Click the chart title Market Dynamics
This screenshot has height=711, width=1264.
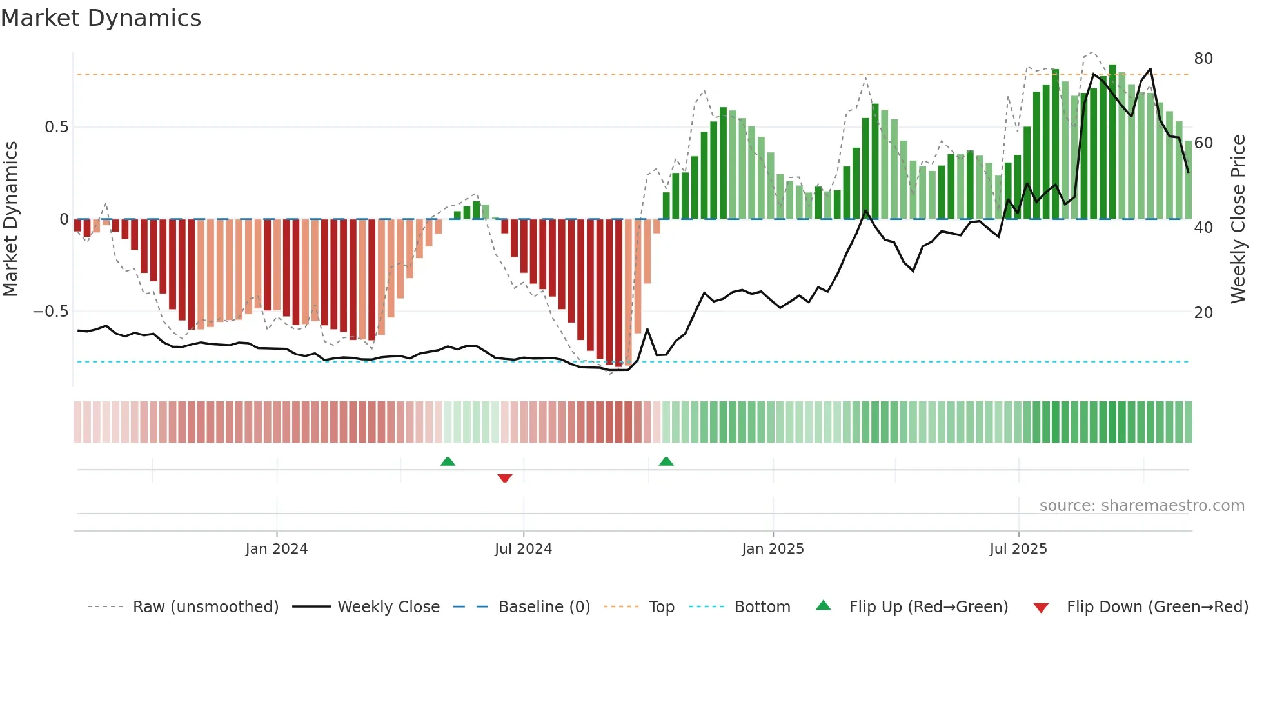click(x=101, y=18)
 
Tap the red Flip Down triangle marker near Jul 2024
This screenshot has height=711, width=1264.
click(x=505, y=478)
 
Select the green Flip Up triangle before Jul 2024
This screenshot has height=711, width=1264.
click(x=448, y=461)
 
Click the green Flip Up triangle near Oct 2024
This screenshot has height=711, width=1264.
click(x=666, y=461)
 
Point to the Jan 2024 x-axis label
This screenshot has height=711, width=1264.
click(x=276, y=549)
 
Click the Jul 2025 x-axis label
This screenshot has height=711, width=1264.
click(x=1018, y=549)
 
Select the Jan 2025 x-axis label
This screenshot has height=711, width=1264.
click(x=773, y=549)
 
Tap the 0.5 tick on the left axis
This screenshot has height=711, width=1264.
click(x=56, y=127)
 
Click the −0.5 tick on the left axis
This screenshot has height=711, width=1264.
click(x=50, y=312)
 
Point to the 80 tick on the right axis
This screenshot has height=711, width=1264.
click(x=1203, y=59)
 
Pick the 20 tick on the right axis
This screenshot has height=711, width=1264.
click(x=1203, y=313)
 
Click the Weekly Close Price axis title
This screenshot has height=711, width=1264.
click(x=1238, y=219)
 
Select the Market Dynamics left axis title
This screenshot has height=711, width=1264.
click(x=11, y=219)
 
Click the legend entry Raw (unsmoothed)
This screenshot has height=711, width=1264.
click(x=205, y=607)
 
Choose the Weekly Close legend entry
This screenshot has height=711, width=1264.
click(x=388, y=607)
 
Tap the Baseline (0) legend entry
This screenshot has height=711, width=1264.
click(x=544, y=607)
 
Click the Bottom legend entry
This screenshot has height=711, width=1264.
click(x=762, y=607)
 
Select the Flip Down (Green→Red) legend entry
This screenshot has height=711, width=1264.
click(x=1157, y=607)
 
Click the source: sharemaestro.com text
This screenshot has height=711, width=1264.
click(x=1141, y=506)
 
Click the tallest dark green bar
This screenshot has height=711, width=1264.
click(x=1112, y=142)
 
